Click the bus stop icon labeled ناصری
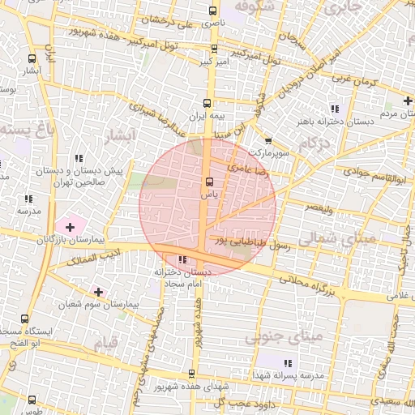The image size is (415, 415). (x=212, y=11)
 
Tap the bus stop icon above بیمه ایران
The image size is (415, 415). (x=207, y=103)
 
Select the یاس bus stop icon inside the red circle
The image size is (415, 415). (x=209, y=182)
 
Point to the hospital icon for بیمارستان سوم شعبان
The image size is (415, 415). (x=99, y=291)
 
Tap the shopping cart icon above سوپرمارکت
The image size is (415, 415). (x=269, y=139)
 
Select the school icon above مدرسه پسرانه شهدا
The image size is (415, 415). (x=287, y=362)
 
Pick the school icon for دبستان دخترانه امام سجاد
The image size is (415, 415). (x=181, y=259)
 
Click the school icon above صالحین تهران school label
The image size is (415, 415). (x=79, y=159)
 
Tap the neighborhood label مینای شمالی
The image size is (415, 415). (x=332, y=238)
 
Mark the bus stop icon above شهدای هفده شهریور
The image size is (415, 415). (x=191, y=374)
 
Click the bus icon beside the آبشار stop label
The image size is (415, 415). (x=32, y=58)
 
